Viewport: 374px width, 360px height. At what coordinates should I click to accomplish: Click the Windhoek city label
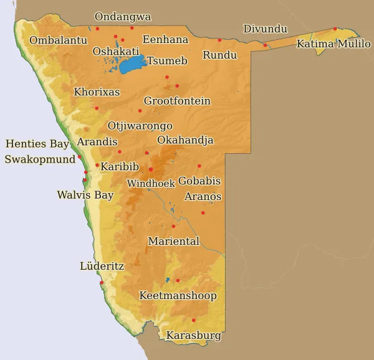(150, 183)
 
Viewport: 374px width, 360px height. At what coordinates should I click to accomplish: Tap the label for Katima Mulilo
(333, 44)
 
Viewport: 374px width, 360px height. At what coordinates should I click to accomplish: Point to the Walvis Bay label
(85, 195)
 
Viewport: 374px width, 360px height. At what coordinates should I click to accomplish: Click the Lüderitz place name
(102, 266)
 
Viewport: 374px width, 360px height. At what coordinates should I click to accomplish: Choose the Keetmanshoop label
(178, 295)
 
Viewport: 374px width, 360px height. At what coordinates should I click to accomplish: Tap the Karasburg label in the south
(193, 336)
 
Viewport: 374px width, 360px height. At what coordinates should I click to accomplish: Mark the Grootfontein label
(177, 100)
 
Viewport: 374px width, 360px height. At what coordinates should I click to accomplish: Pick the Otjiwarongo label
(140, 126)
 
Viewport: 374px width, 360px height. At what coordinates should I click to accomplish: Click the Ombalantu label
(58, 40)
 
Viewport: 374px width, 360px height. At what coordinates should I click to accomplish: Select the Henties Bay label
(37, 144)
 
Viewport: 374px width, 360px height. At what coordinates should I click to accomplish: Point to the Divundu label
(265, 29)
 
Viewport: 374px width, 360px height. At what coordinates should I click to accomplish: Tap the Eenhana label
(165, 39)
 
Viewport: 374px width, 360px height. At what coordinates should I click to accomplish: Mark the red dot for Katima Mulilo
(335, 29)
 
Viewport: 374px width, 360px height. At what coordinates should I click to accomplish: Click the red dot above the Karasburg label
(193, 320)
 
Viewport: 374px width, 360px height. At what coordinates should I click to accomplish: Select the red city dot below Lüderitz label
(102, 282)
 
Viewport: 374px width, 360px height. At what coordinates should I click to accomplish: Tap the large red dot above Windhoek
(151, 169)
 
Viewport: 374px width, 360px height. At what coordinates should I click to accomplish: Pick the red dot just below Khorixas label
(97, 108)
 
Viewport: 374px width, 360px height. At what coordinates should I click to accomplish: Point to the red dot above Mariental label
(173, 226)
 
